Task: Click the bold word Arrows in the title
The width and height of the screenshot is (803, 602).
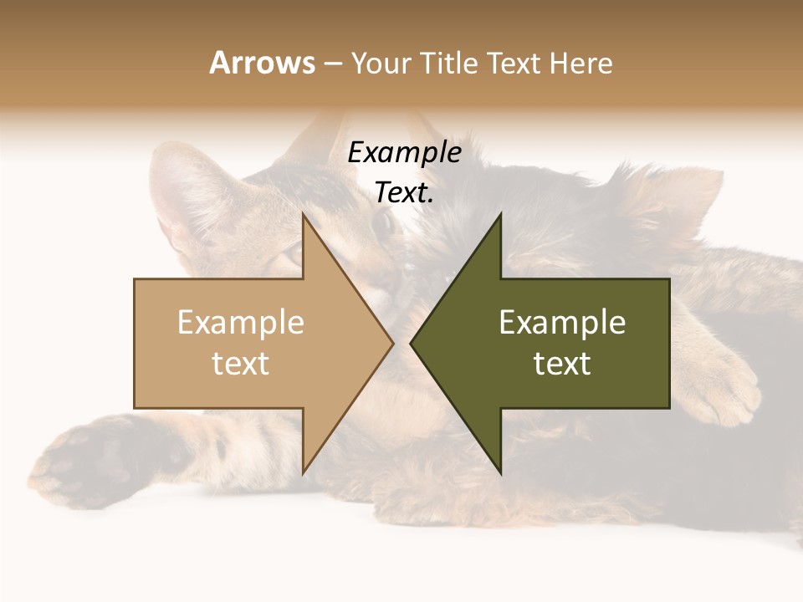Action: [x=262, y=63]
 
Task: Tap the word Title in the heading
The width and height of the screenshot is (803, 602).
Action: [x=448, y=63]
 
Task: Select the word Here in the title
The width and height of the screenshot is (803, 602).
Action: [x=581, y=63]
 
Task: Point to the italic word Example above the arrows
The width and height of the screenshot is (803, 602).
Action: [x=404, y=153]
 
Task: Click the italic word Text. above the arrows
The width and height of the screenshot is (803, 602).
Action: [x=404, y=193]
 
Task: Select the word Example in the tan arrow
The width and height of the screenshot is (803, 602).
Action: [x=240, y=322]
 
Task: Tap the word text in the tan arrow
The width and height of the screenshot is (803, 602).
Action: [x=240, y=363]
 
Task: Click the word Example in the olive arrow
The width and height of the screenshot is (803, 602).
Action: [x=562, y=322]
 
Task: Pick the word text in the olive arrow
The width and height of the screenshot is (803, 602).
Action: [x=562, y=363]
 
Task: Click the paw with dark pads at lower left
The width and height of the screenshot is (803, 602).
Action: [x=84, y=464]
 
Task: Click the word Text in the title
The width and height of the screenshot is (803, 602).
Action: [x=513, y=63]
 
